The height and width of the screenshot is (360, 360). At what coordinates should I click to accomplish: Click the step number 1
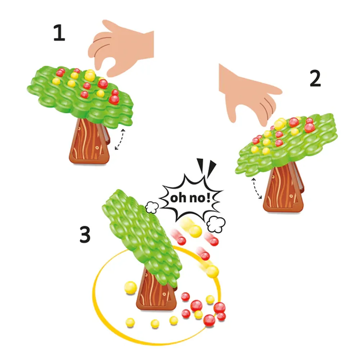59,33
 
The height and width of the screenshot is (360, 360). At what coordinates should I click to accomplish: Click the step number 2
315,78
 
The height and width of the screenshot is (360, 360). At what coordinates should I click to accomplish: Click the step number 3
85,234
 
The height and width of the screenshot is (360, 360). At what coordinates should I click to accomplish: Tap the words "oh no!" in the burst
190,198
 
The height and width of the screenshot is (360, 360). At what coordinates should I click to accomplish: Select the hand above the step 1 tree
122,48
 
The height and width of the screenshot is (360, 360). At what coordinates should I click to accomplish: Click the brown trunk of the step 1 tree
89,142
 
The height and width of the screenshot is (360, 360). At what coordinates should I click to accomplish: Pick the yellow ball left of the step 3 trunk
130,288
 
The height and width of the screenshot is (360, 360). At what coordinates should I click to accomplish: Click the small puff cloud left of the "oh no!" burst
152,207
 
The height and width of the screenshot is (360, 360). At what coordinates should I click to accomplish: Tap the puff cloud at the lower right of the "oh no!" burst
216,224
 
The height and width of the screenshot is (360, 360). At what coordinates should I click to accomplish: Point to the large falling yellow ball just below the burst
195,231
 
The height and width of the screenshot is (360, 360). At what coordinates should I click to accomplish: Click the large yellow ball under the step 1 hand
90,75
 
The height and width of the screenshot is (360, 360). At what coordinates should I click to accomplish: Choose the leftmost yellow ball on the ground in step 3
130,322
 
